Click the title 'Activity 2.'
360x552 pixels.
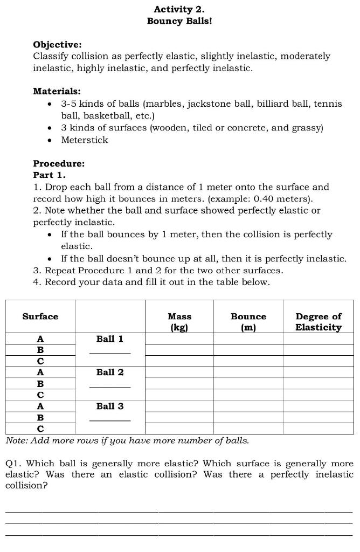pos(179,9)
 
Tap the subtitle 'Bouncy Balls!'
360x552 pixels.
pos(179,21)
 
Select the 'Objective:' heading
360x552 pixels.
pos(58,44)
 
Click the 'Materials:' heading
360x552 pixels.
pos(57,92)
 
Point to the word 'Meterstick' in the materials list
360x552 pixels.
pos(85,140)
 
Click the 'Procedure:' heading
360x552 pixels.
pos(59,163)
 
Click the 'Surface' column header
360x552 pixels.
pos(40,316)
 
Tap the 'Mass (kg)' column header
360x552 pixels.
pos(179,322)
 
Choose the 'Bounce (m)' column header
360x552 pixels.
pos(248,322)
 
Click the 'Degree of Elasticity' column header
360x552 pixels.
pos(318,322)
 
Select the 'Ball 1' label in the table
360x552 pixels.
pos(110,339)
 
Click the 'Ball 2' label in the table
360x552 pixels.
pos(110,372)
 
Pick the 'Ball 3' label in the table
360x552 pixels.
pos(110,406)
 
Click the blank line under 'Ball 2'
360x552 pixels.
pos(110,387)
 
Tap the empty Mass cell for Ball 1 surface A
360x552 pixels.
pos(179,339)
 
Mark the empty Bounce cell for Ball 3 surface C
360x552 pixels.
pos(248,429)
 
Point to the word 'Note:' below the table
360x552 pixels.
pos(17,440)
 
